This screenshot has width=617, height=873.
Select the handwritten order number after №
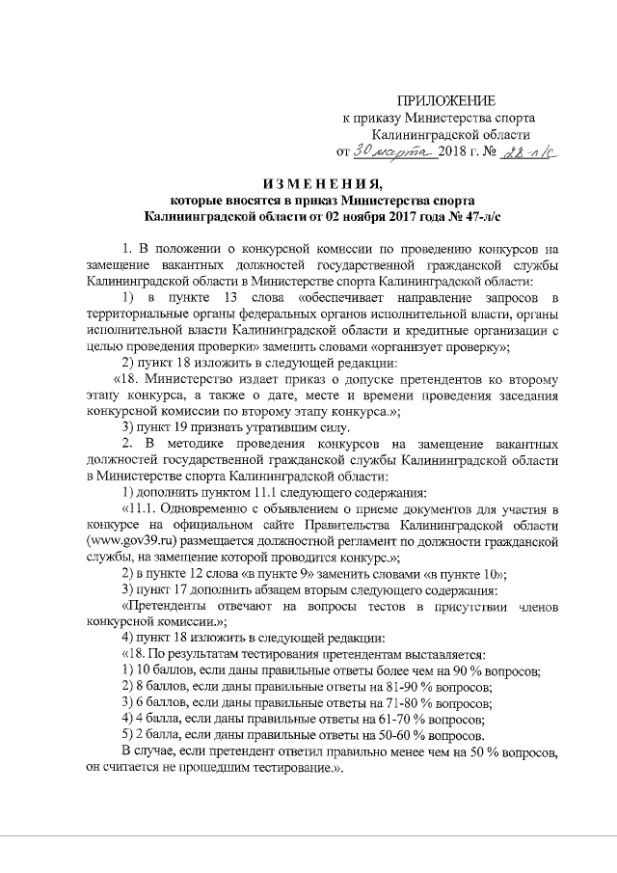[x=529, y=152]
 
